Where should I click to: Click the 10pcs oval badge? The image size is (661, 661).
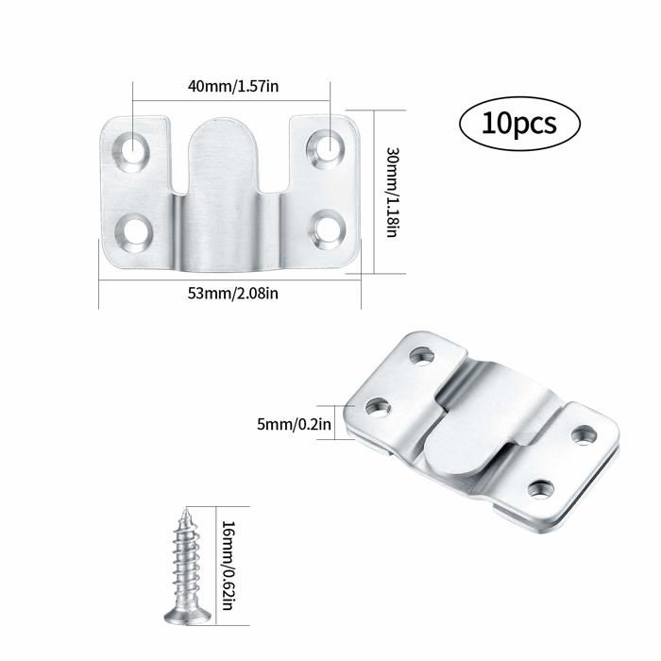pos(518,124)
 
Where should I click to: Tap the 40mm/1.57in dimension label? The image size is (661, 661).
pos(233,86)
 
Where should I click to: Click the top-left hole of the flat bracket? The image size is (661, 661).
pos(132,147)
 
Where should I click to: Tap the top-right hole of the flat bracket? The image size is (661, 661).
pos(327,146)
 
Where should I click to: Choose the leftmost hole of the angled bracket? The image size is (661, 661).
pos(379,408)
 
